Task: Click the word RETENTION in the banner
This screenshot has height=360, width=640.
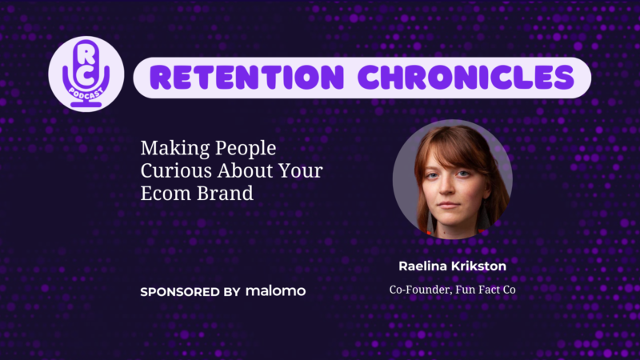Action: click(247, 78)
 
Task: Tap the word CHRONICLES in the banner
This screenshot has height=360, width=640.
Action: click(466, 78)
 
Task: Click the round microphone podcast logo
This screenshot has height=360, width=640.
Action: click(86, 74)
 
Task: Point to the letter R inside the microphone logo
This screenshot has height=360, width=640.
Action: click(86, 54)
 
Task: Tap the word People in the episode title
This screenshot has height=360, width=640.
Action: click(246, 149)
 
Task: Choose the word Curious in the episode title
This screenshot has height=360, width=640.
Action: click(176, 170)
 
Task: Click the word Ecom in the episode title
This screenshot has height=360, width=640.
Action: click(166, 193)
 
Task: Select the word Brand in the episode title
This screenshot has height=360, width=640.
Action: click(226, 193)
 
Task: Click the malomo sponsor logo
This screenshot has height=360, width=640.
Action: click(275, 291)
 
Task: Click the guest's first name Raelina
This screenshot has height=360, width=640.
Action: click(422, 266)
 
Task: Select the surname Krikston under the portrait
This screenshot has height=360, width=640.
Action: click(478, 266)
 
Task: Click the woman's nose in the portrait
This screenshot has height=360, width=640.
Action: click(447, 188)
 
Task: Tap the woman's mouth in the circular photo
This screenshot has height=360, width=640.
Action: click(449, 205)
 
